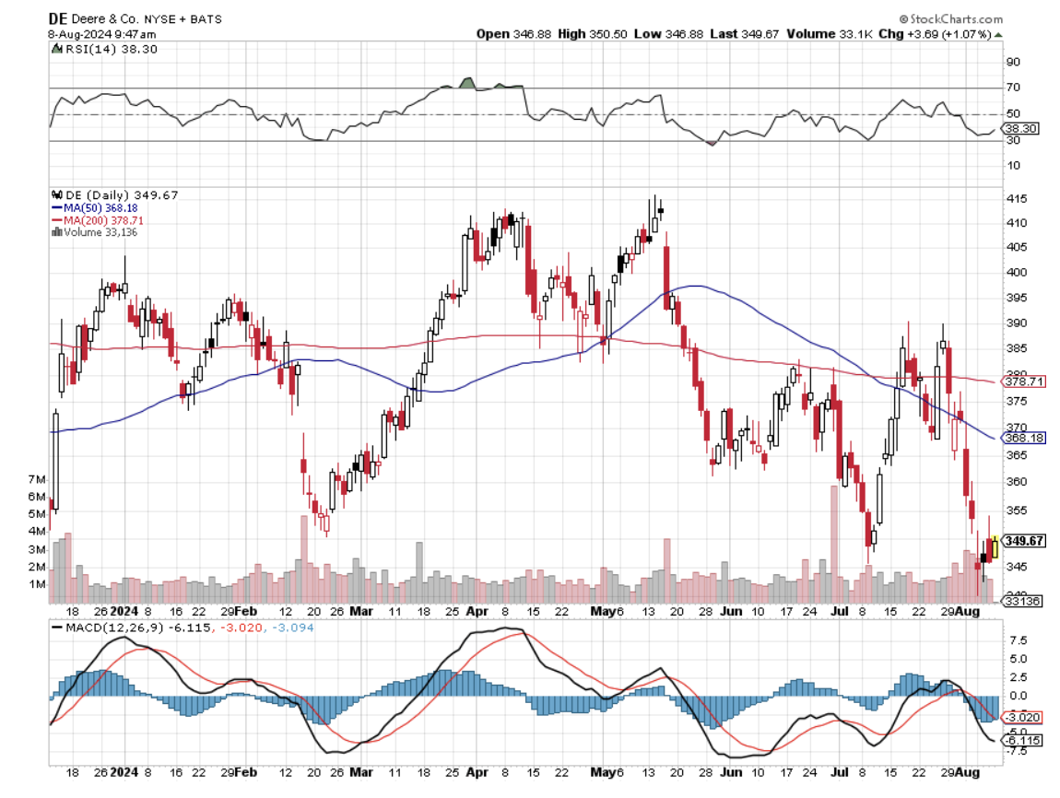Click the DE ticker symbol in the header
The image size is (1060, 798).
click(58, 18)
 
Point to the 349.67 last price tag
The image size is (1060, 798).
click(1025, 541)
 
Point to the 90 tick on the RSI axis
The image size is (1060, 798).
click(1012, 62)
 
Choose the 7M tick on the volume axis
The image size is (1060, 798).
click(38, 480)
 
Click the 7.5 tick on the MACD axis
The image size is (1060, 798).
click(1015, 639)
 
